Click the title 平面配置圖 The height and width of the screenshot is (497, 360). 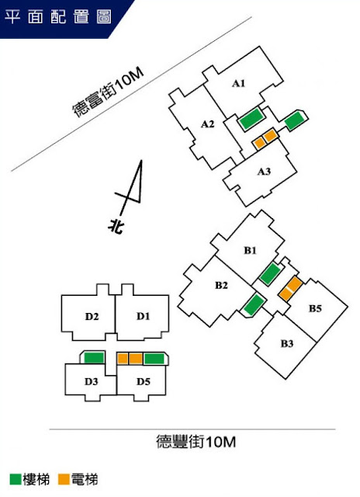tap(58, 16)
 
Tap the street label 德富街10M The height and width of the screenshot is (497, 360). tap(108, 92)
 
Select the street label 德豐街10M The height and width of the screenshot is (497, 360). tap(196, 442)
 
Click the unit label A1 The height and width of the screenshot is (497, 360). tap(239, 83)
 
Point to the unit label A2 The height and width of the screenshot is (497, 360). tap(208, 124)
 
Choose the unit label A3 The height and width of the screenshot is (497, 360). tap(264, 172)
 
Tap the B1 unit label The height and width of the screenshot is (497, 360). tap(250, 250)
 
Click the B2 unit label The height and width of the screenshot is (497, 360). tap(222, 285)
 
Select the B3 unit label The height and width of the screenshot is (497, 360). tap(287, 343)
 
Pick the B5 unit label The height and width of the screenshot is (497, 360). tap(315, 308)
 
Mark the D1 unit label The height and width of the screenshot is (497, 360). tap(143, 316)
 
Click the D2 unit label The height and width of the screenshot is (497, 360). tap(92, 316)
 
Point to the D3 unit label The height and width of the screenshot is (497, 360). tap(92, 381)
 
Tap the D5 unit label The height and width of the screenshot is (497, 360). tap(143, 381)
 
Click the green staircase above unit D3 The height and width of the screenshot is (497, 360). tap(94, 358)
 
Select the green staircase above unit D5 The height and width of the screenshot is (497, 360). tap(154, 359)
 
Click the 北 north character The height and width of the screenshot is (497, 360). tap(116, 226)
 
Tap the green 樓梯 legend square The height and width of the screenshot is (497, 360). tap(16, 479)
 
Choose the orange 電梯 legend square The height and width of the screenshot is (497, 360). tap(64, 479)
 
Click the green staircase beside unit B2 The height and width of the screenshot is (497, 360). tap(254, 304)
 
